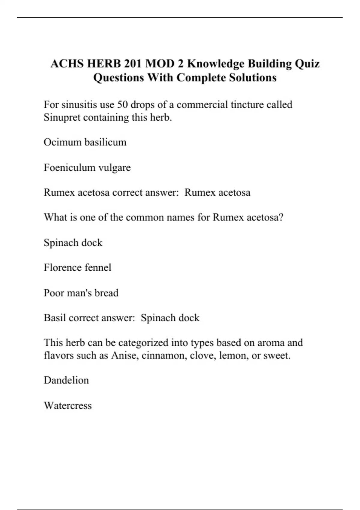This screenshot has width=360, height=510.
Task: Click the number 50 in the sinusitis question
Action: (x=122, y=105)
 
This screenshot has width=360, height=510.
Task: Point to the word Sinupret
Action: (x=62, y=117)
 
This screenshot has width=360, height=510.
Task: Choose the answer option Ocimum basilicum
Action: (x=85, y=142)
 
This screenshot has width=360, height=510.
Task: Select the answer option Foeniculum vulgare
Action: (x=87, y=167)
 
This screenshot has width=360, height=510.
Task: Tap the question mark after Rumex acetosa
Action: (x=281, y=217)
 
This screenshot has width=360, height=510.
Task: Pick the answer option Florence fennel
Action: (x=77, y=268)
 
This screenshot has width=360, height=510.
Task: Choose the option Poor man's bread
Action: (x=81, y=293)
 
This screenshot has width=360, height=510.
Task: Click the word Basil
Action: (x=55, y=318)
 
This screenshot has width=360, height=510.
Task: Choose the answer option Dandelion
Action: (x=66, y=380)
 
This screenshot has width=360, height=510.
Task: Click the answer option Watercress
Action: (x=68, y=406)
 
